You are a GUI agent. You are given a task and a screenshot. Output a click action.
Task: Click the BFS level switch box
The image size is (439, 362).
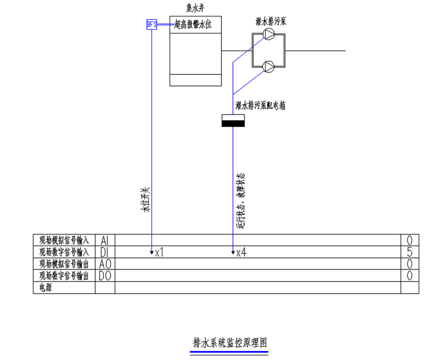[x=151, y=24]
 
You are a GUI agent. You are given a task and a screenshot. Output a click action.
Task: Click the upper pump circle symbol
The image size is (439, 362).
[x=269, y=35]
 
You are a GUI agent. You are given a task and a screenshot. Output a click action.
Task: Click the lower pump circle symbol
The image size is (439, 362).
[x=269, y=67]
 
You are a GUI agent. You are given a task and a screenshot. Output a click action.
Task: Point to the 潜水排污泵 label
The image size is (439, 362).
[x=270, y=21]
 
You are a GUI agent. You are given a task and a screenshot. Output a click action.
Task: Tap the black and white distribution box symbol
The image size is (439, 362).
[x=232, y=121]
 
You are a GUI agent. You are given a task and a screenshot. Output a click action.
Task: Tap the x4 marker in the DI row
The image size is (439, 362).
[x=241, y=253]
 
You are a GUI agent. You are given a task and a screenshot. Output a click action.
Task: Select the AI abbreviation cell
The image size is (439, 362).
[x=105, y=240]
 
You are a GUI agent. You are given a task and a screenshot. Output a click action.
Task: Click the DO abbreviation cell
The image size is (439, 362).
[x=105, y=275]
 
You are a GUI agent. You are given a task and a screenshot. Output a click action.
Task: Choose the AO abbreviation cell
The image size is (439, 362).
[x=105, y=264]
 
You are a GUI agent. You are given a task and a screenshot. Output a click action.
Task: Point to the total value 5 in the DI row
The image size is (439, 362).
[x=409, y=252]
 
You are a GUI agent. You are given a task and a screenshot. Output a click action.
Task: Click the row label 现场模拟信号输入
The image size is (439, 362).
[x=64, y=240]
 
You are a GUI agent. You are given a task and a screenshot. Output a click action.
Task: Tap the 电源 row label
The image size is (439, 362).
[x=45, y=287]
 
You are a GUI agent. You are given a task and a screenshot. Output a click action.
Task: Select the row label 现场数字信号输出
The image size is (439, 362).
[x=64, y=275]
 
